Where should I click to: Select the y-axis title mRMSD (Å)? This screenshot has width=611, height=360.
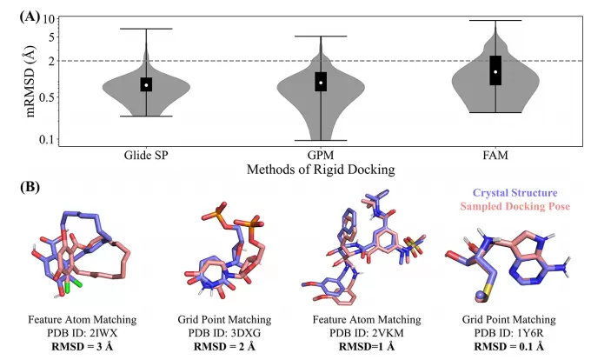pos(30,78)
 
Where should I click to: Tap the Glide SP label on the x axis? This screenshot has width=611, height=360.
pos(147,155)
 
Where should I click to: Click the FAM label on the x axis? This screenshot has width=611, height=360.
pos(496,155)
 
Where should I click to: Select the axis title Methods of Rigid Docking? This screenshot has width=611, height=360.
pos(321,168)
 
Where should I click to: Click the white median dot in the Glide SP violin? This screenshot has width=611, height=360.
pos(147,84)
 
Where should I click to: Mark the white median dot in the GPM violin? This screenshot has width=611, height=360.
pos(321,83)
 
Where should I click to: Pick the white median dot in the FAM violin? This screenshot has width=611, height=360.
pos(496,72)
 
